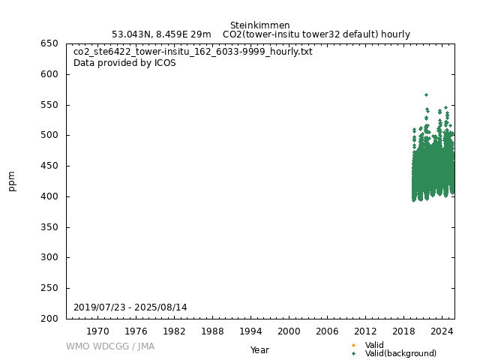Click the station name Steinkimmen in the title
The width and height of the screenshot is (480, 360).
coord(259,25)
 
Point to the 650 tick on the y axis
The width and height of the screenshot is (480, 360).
coord(49,43)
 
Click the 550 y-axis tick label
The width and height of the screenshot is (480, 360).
coord(49,105)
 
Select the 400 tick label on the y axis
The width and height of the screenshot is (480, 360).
coord(49,196)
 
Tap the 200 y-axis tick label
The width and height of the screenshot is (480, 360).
coord(49,319)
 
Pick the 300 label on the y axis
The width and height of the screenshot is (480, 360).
coord(49,257)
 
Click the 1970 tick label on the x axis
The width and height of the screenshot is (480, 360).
coord(97,331)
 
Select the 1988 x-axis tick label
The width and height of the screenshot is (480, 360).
coord(212,331)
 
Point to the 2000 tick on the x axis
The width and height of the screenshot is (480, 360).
coord(289,331)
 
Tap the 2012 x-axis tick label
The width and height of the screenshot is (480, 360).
coord(365,331)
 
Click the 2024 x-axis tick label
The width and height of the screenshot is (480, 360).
coord(442,331)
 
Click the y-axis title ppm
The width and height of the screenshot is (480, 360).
coord(12,181)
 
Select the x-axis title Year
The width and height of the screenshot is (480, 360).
coord(259,350)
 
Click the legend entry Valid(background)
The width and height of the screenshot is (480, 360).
coord(400,353)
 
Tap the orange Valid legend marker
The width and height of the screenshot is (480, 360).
coord(353,345)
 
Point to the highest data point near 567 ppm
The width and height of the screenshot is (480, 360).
coord(426,94)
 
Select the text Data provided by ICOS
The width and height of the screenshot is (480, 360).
coord(124,63)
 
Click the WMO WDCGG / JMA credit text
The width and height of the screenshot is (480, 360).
coord(109,346)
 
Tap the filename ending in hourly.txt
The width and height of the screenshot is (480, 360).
coord(193,52)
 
